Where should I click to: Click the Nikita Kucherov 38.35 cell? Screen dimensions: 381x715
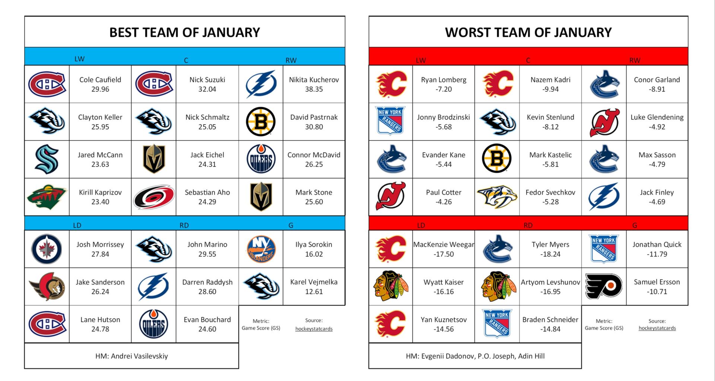click(314, 84)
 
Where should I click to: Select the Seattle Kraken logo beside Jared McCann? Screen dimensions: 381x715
click(47, 159)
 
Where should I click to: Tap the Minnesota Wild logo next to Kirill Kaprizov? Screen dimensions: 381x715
click(47, 197)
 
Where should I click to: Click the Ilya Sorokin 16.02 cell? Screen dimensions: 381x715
click(314, 249)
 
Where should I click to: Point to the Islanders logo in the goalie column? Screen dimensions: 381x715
click(261, 249)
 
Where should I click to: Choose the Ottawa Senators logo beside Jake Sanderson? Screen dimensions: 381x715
click(47, 286)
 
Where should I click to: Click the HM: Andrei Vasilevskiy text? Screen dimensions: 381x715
click(131, 356)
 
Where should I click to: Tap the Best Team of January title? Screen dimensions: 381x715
click(184, 32)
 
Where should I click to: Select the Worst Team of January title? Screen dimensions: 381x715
click(528, 32)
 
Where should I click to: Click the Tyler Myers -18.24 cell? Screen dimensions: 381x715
click(550, 249)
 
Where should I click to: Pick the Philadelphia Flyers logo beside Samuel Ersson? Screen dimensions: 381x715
click(604, 286)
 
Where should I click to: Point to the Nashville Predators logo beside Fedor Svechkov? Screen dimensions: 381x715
click(497, 197)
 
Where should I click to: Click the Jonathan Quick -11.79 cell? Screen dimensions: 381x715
click(657, 249)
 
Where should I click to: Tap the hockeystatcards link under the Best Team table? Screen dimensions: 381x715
click(314, 329)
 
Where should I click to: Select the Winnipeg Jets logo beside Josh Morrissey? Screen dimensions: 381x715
click(47, 249)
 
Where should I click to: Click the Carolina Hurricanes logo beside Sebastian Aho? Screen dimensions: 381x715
click(154, 197)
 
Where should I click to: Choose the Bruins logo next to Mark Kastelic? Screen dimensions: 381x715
click(497, 159)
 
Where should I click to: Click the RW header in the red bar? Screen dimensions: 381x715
click(635, 60)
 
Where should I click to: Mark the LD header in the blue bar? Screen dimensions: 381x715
click(77, 225)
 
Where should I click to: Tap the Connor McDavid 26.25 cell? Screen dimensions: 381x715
click(314, 159)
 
